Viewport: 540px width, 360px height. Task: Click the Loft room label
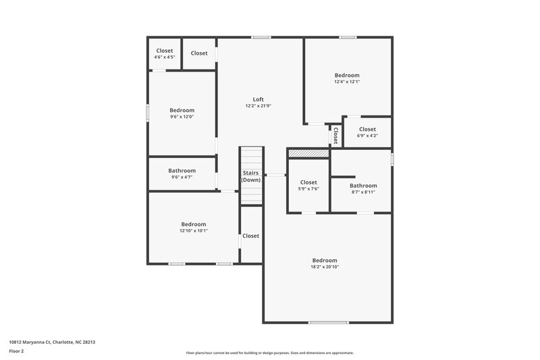[x=258, y=99]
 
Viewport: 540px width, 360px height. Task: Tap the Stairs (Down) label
[x=251, y=176]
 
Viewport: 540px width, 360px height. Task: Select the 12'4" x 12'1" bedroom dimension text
[x=347, y=82]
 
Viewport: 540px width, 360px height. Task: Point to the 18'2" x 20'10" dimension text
[x=325, y=267]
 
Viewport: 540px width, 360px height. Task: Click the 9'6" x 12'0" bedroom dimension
[x=182, y=117]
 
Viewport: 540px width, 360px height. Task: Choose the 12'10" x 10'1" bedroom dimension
[x=194, y=230]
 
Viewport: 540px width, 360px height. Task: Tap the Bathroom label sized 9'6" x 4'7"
[x=182, y=170]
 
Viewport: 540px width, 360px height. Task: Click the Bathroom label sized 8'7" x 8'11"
[x=363, y=185]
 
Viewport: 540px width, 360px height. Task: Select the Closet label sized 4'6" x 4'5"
[x=165, y=51]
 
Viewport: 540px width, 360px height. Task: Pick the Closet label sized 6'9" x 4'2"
[x=367, y=129]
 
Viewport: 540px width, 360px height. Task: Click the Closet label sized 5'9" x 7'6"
[x=308, y=182]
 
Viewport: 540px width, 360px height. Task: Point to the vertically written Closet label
[x=335, y=135]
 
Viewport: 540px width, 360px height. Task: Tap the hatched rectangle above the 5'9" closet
[x=308, y=154]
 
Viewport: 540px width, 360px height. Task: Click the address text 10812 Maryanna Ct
[x=52, y=342]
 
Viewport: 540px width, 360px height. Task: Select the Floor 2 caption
[x=16, y=351]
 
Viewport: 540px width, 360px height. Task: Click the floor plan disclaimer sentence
[x=269, y=353]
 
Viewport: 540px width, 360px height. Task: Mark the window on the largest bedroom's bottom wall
[x=328, y=322]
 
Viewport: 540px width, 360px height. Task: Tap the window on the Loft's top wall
[x=261, y=37]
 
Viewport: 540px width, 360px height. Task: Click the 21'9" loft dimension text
[x=258, y=106]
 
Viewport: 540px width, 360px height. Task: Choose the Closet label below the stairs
[x=251, y=236]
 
